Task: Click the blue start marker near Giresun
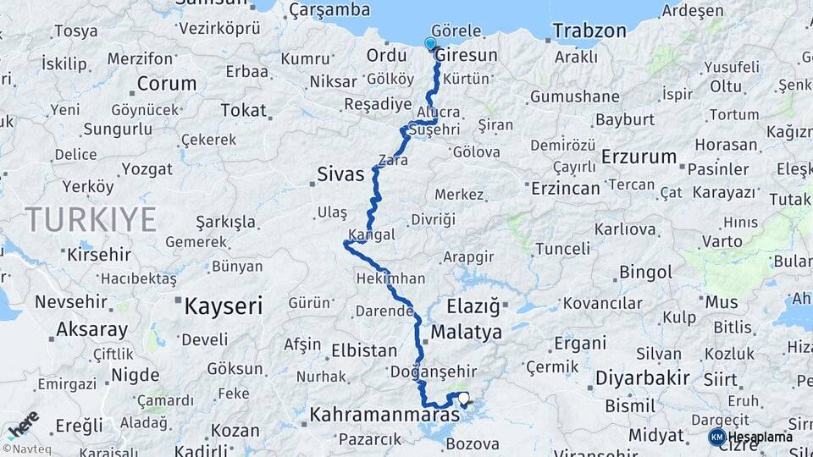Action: [430, 44]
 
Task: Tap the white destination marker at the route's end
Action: [463, 398]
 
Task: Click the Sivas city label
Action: [340, 175]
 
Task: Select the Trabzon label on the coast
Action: [589, 31]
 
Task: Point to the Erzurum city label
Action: [639, 157]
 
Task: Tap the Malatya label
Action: [466, 332]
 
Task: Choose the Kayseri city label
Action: [224, 306]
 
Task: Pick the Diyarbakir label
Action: [642, 377]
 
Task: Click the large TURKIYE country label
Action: [91, 219]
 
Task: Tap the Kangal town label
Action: [371, 234]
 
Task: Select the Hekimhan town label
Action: [391, 278]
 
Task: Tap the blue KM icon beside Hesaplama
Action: [716, 437]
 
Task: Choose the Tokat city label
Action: [243, 110]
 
